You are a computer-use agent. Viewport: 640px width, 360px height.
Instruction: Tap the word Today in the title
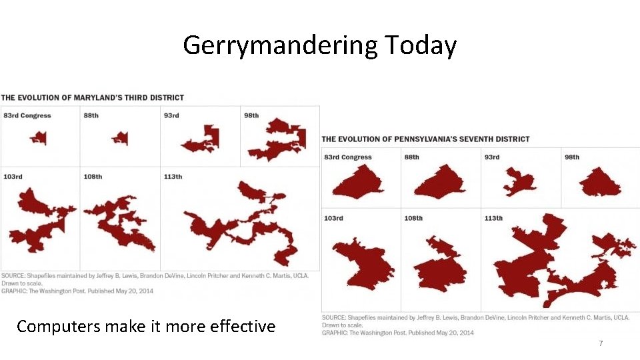[420, 45]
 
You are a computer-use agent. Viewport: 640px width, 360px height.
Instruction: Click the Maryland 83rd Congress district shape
[39, 138]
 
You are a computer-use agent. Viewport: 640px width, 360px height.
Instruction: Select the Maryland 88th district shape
[120, 139]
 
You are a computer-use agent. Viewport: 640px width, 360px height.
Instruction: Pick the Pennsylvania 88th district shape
[440, 182]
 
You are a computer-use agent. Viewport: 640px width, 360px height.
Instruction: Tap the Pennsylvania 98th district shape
[600, 182]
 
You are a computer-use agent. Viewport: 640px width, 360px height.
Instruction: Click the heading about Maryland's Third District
[93, 97]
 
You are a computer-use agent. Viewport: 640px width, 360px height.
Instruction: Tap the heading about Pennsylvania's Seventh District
[426, 139]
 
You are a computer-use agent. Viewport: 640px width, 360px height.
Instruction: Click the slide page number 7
[601, 343]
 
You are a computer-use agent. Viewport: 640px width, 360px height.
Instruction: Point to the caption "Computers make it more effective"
[146, 326]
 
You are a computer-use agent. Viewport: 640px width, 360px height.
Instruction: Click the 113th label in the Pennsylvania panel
[493, 218]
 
